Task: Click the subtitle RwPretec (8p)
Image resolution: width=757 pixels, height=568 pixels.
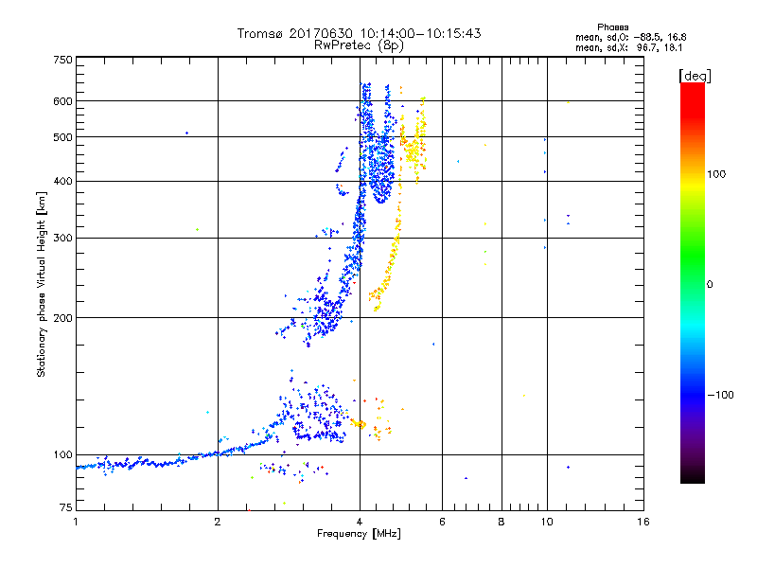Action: tap(360, 44)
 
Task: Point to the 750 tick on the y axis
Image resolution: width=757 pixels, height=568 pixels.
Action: tap(62, 60)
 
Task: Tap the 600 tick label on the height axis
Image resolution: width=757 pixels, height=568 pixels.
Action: tap(62, 101)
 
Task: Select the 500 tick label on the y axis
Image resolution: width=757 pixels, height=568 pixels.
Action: tap(62, 137)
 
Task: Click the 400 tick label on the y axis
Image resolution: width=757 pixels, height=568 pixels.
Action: tap(62, 181)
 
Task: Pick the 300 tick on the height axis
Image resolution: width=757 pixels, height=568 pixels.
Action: tap(62, 238)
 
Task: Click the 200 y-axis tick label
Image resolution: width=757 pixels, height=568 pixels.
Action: tap(62, 318)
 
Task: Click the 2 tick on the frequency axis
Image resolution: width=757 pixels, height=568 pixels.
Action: tap(218, 522)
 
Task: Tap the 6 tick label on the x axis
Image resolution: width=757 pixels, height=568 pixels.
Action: tap(442, 522)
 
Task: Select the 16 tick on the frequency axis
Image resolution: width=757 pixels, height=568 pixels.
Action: tap(643, 522)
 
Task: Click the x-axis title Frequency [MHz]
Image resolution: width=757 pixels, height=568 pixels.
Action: tap(358, 534)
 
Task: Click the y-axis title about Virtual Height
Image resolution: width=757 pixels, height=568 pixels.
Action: tap(42, 284)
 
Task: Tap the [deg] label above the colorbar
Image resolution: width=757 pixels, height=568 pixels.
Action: tap(695, 75)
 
